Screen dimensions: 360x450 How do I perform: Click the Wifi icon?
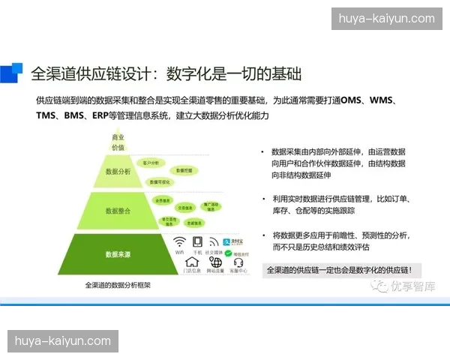[180, 242]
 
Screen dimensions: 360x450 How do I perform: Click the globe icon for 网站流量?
[216, 262]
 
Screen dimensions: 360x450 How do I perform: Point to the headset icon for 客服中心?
[238, 262]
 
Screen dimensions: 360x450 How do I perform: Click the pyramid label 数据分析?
[118, 172]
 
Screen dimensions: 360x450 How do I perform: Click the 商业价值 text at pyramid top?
[118, 142]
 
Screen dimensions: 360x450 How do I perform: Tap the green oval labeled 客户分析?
[150, 162]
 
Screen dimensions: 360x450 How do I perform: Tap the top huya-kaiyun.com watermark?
[386, 19]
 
